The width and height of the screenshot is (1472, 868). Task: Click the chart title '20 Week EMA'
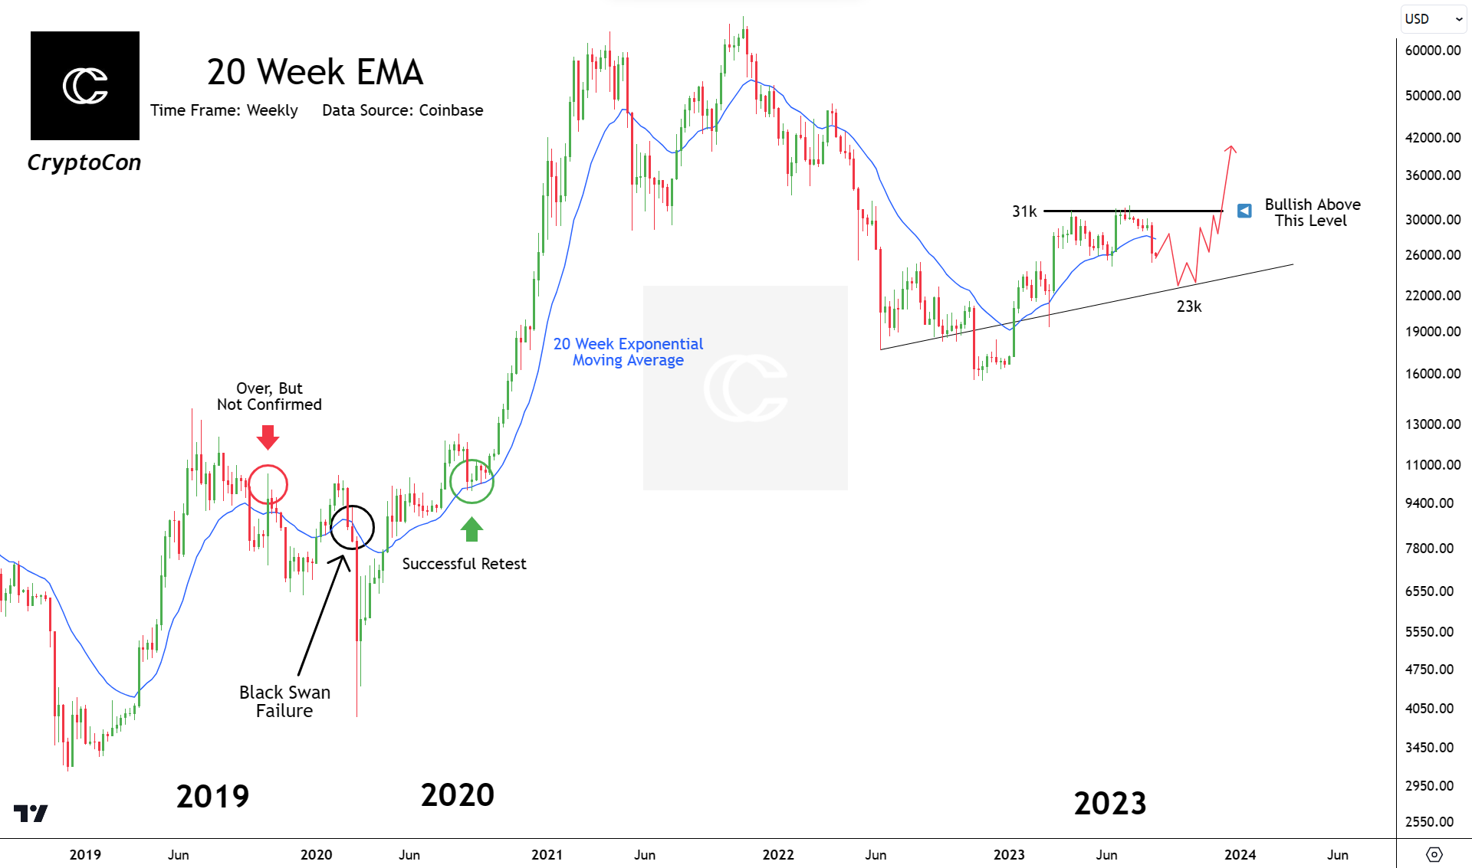click(314, 72)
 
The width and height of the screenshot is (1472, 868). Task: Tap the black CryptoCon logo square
click(85, 86)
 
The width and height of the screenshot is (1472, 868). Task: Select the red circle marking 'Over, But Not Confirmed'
click(268, 484)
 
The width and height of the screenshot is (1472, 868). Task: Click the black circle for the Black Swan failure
click(352, 527)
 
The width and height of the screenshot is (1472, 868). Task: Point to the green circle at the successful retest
click(472, 481)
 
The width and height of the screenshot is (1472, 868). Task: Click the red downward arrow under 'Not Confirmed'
click(268, 437)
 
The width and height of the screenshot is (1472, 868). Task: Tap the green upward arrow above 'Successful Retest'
click(472, 529)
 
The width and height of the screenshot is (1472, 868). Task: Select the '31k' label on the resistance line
click(1024, 211)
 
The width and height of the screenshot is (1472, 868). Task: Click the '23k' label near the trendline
click(1189, 306)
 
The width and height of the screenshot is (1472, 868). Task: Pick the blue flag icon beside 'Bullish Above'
click(1244, 210)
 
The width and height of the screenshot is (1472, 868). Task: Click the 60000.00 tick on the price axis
click(1432, 51)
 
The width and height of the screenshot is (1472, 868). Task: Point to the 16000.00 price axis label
click(1432, 374)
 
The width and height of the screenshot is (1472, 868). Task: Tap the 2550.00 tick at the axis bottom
click(1429, 821)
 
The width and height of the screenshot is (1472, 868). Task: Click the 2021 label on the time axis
click(547, 854)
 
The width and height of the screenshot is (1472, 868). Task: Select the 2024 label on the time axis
click(1240, 854)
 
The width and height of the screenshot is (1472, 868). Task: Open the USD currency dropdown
click(1433, 19)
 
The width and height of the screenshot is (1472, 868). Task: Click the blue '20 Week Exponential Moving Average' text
click(628, 352)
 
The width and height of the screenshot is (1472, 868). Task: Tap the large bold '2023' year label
click(1109, 803)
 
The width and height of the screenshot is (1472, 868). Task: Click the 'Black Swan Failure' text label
click(284, 701)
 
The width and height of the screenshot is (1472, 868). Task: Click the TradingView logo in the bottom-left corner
click(31, 813)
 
